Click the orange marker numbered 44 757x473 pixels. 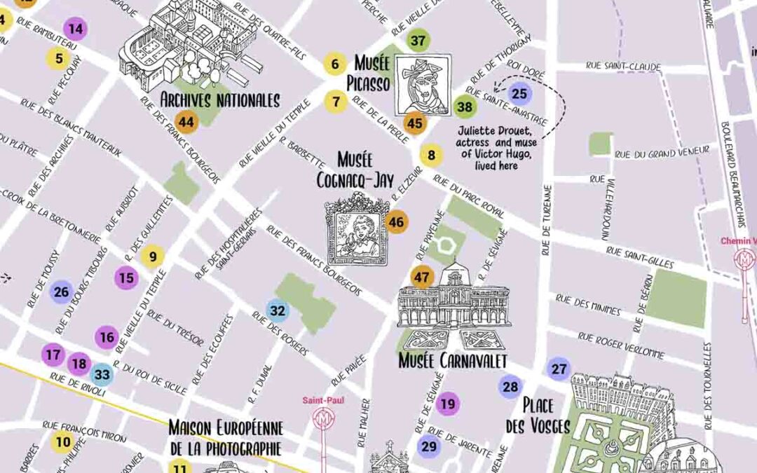click(186, 122)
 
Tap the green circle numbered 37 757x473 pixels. click(418, 41)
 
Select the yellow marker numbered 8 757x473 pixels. click(431, 155)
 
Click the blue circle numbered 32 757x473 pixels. click(278, 310)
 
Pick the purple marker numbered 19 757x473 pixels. click(448, 404)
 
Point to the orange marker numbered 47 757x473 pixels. click(421, 277)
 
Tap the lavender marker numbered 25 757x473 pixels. click(519, 94)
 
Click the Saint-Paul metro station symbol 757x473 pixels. click(324, 418)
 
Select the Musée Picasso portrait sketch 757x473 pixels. click(422, 85)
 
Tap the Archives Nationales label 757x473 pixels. click(220, 100)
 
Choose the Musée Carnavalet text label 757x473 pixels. click(452, 361)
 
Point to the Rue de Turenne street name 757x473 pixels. click(546, 220)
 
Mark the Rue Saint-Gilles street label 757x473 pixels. click(639, 257)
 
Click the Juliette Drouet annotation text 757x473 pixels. click(495, 148)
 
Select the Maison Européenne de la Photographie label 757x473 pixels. click(225, 437)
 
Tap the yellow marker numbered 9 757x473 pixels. click(152, 256)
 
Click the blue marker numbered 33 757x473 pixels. click(102, 375)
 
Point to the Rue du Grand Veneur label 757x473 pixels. click(662, 152)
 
